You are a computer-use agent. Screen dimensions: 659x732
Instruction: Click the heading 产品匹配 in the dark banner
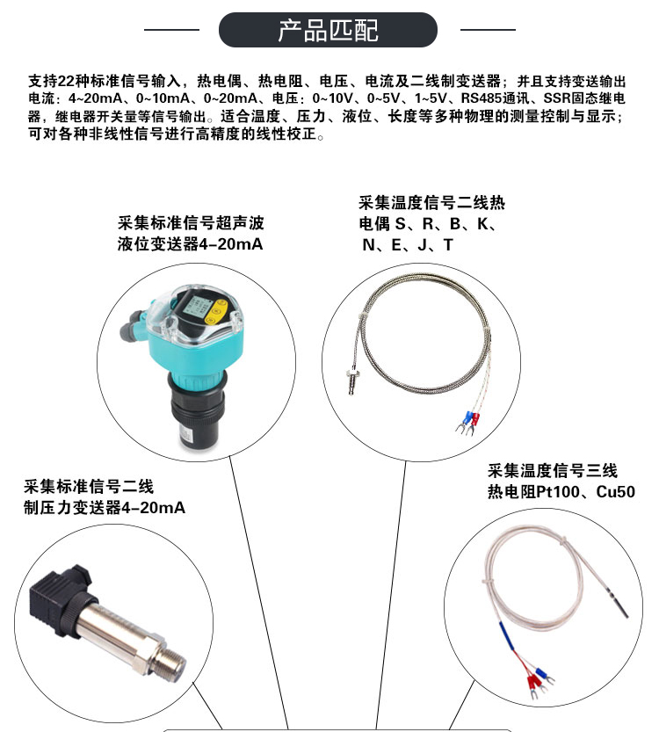click(328, 31)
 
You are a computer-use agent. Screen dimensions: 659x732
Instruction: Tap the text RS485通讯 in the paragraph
click(496, 98)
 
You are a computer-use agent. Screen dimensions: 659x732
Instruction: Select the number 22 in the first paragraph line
click(66, 81)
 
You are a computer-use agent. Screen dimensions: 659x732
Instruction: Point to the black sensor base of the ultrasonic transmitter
click(196, 411)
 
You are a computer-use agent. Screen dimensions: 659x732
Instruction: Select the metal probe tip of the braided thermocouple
click(351, 381)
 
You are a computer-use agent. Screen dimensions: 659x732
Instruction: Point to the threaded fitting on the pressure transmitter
click(170, 663)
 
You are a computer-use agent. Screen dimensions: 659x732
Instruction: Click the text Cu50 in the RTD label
click(616, 491)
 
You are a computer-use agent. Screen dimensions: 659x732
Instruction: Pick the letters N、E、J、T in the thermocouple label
click(408, 244)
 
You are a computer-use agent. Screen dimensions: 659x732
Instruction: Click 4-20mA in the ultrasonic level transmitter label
click(231, 244)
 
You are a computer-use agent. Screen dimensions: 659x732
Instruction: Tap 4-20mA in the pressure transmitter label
click(153, 507)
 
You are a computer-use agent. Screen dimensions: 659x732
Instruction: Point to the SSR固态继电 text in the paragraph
click(584, 98)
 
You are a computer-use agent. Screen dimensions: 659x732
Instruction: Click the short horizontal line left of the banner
click(171, 30)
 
